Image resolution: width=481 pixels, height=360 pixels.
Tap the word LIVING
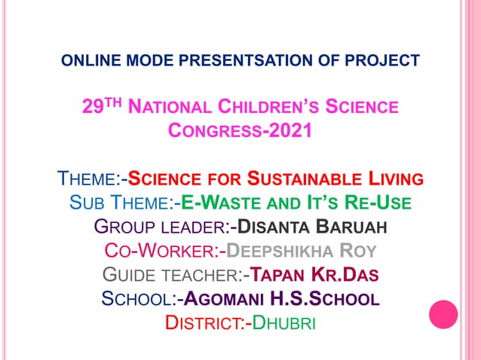click(396, 180)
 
